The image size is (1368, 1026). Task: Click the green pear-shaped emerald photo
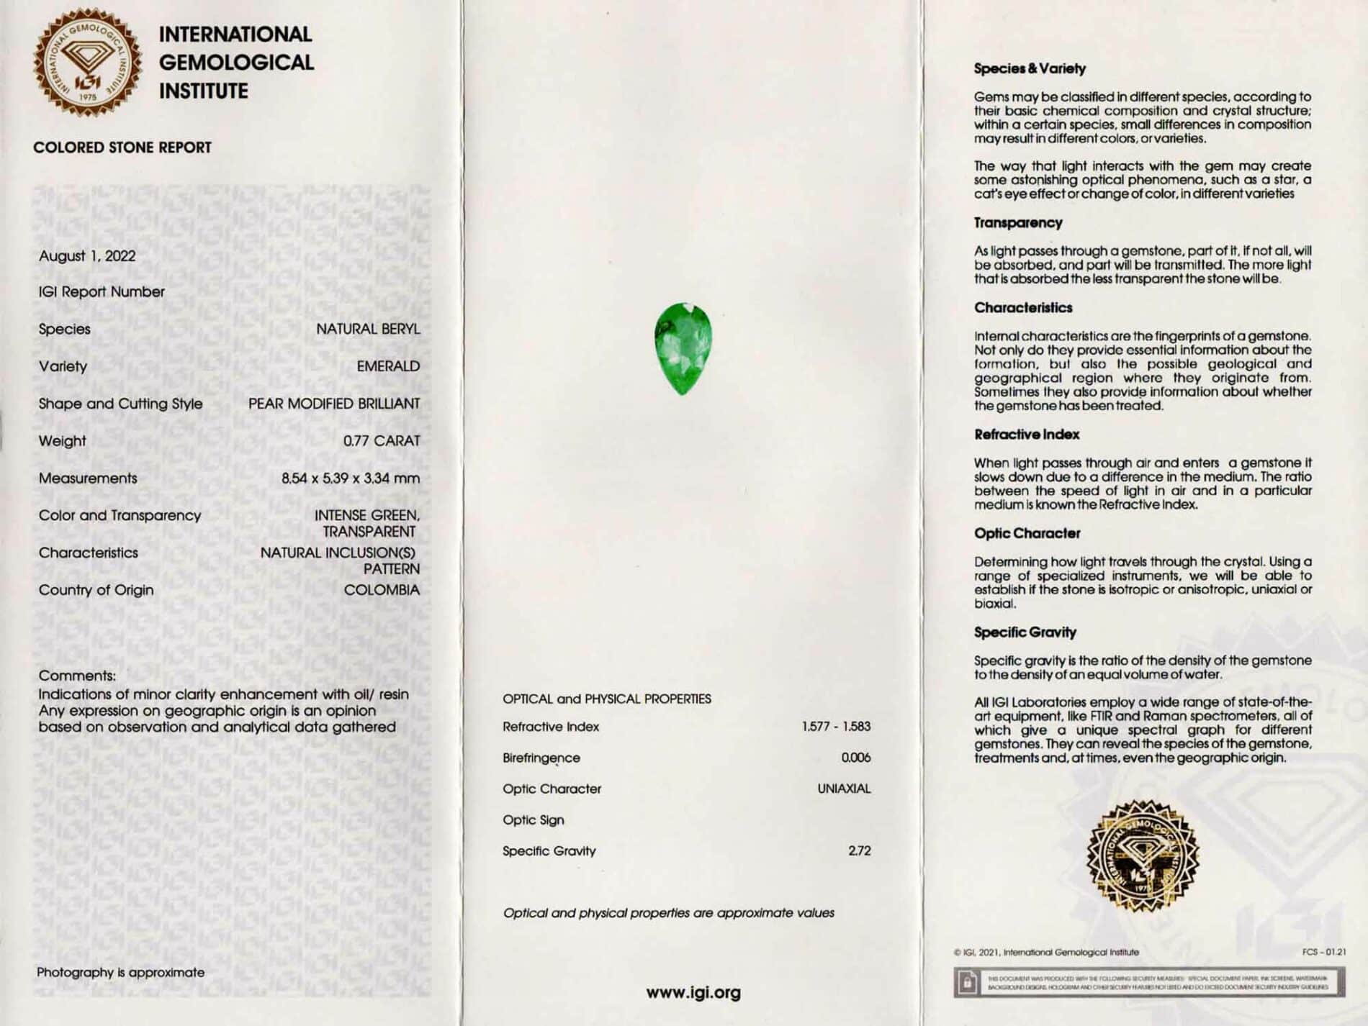683,349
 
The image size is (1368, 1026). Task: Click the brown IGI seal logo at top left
87,63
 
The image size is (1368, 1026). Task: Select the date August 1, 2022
87,256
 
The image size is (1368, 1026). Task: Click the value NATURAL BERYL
368,329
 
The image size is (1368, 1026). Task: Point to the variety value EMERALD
388,366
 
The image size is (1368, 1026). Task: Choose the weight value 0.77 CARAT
382,441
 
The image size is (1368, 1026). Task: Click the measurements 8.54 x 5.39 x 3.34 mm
351,478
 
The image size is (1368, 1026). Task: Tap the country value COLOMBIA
382,590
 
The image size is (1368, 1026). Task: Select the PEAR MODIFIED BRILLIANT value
334,404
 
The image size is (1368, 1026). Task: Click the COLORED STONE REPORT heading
122,147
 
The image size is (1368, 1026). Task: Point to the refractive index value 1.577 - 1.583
836,727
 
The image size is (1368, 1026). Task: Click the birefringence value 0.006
855,758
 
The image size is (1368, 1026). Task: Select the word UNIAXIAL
844,789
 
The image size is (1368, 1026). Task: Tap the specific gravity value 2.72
860,850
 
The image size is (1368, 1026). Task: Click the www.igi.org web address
693,993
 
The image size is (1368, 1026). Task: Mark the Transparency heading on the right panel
1018,223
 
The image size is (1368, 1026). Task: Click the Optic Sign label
534,820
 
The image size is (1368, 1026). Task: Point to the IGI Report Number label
102,292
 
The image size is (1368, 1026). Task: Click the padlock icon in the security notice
968,981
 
